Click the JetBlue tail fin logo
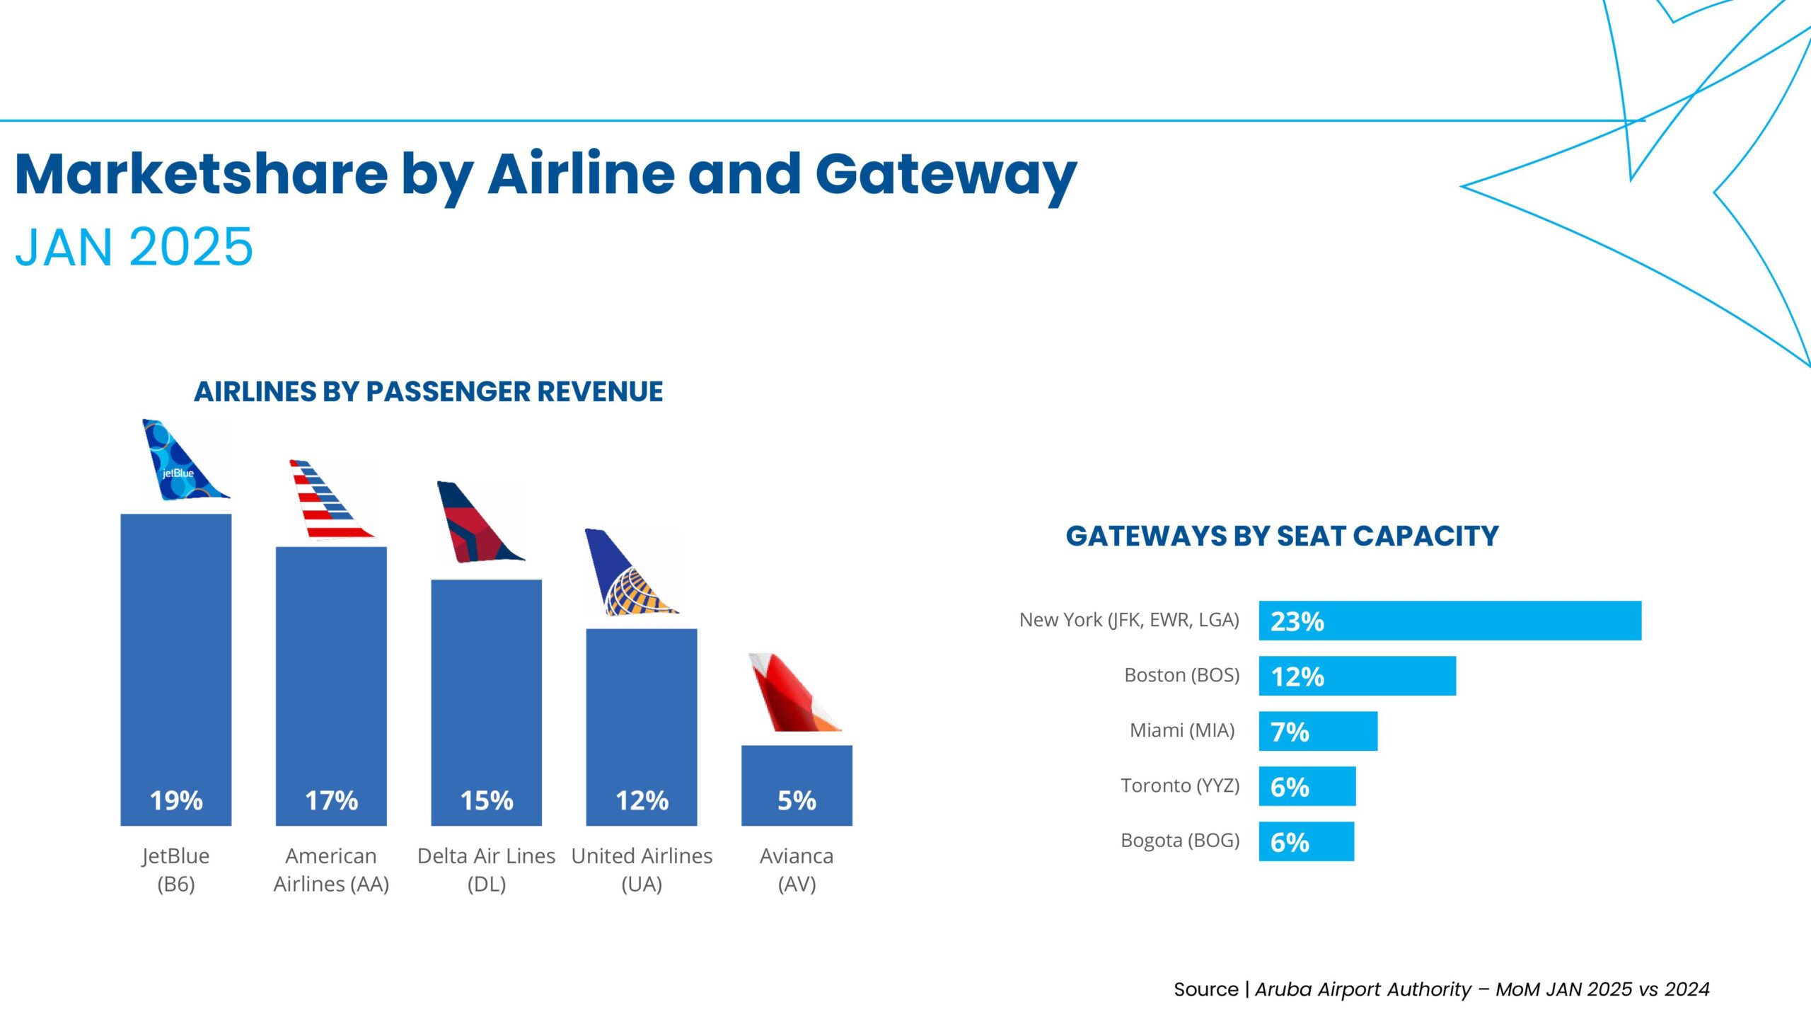pyautogui.click(x=183, y=461)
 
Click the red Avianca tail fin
pyautogui.click(x=791, y=693)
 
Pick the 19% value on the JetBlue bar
pyautogui.click(x=176, y=800)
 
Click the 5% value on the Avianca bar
pyautogui.click(x=797, y=800)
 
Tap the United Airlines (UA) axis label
pyautogui.click(x=642, y=870)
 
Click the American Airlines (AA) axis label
pyautogui.click(x=331, y=870)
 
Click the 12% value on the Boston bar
pyautogui.click(x=1297, y=677)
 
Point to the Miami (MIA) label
pyautogui.click(x=1182, y=730)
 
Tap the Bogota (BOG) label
pyautogui.click(x=1180, y=841)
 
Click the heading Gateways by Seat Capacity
pyautogui.click(x=1282, y=536)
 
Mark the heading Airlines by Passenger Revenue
pyautogui.click(x=428, y=391)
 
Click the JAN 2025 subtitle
pyautogui.click(x=134, y=247)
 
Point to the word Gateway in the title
pyautogui.click(x=946, y=175)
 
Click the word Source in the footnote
pyautogui.click(x=1205, y=989)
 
